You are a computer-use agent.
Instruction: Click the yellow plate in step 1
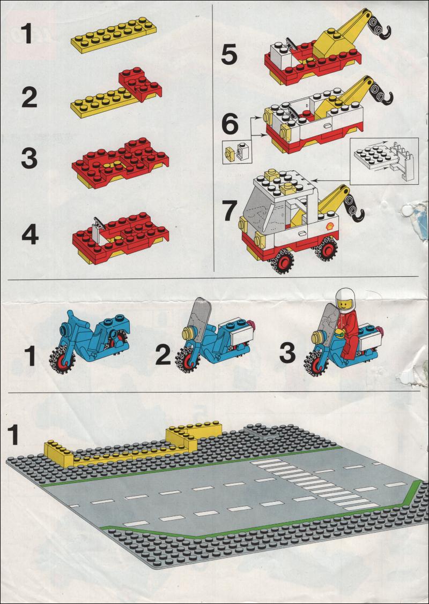(x=114, y=35)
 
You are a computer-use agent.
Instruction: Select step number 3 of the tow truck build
(x=29, y=158)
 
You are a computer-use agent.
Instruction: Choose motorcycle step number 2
(x=163, y=355)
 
